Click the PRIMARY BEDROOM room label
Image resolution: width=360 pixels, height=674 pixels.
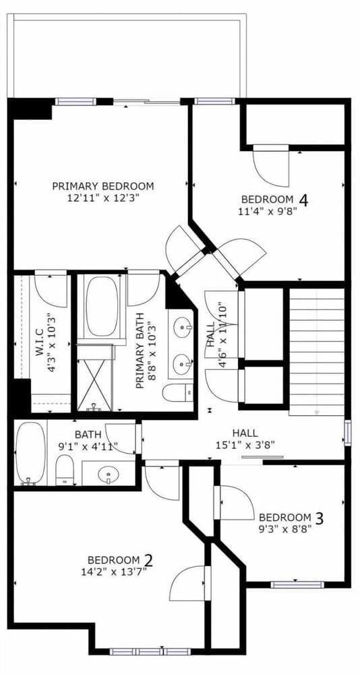click(x=102, y=186)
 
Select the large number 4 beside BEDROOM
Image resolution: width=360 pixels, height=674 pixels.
click(x=303, y=200)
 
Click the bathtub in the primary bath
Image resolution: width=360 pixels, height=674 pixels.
click(x=102, y=306)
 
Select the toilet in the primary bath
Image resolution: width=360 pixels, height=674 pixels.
click(x=177, y=392)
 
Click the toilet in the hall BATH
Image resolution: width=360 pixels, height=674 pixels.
click(x=65, y=470)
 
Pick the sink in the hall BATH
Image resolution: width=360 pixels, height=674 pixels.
click(x=107, y=474)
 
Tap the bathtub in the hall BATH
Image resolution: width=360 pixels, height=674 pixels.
click(x=30, y=453)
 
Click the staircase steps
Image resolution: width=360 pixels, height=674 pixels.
click(x=317, y=352)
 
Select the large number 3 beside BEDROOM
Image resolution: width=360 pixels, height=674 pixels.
click(x=319, y=518)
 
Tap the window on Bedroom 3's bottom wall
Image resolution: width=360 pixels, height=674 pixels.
click(x=297, y=584)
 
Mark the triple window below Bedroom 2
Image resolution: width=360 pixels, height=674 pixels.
click(x=150, y=652)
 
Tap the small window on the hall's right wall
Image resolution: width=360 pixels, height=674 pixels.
click(x=347, y=433)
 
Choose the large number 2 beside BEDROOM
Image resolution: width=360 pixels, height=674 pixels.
click(x=148, y=561)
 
